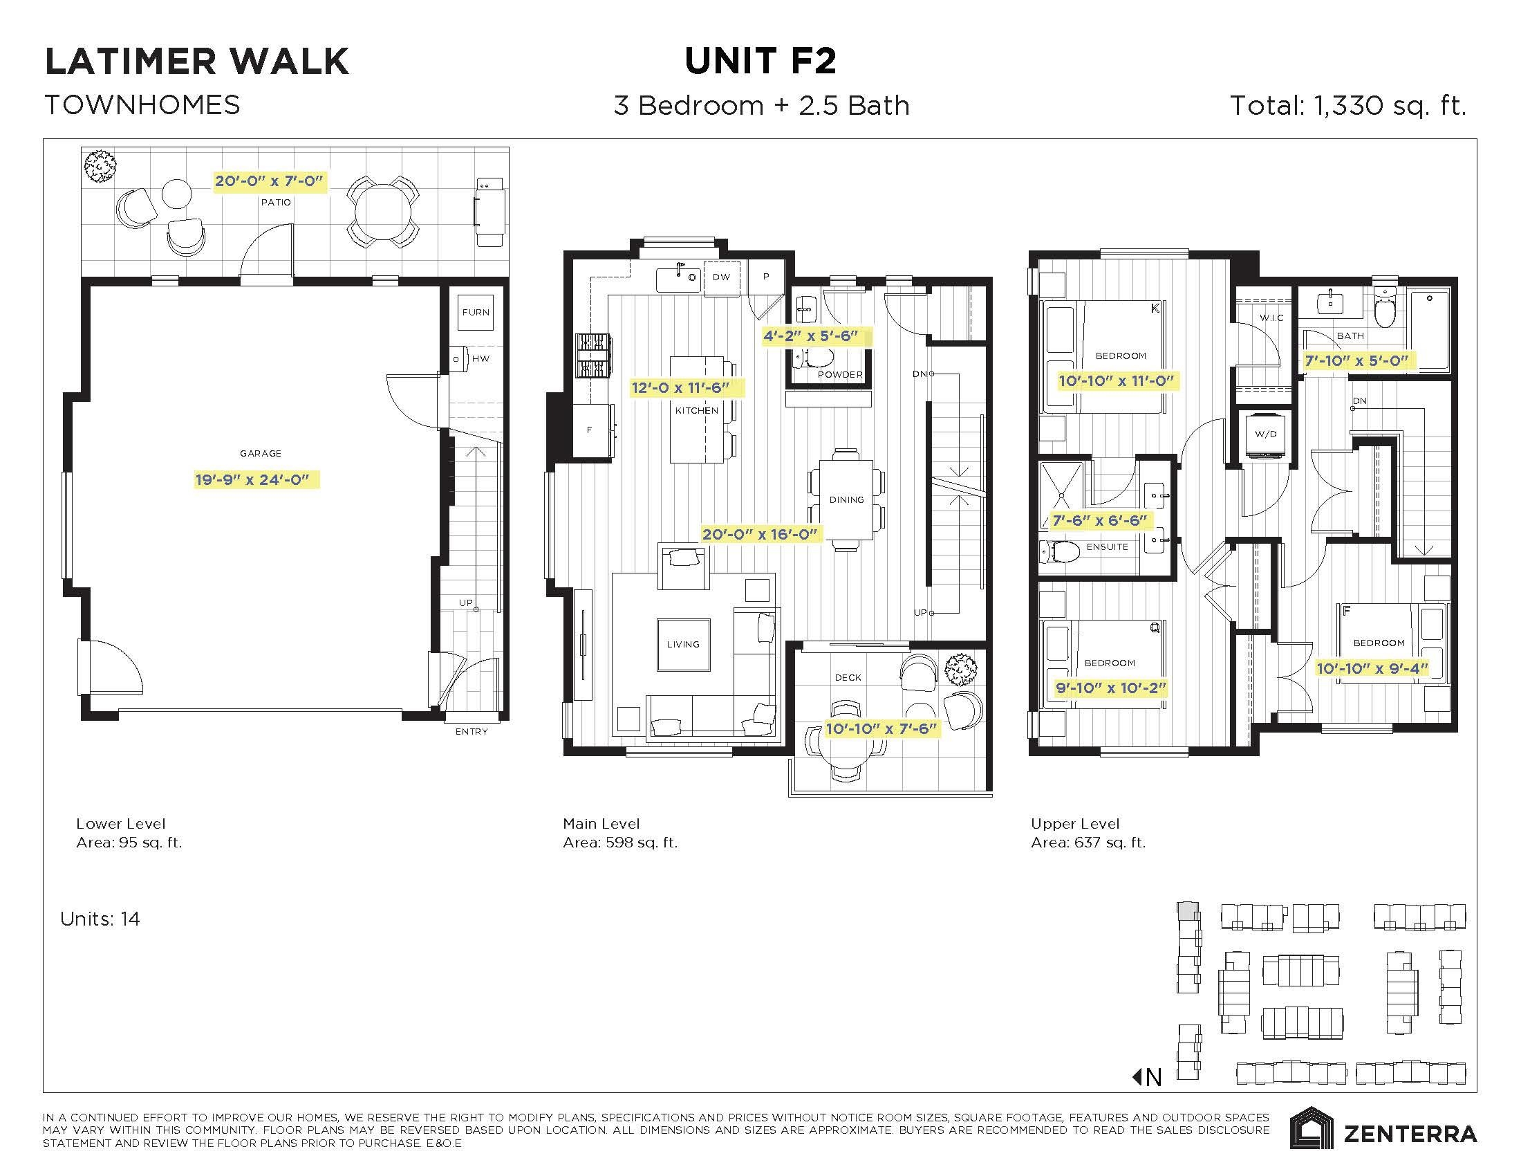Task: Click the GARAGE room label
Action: (x=261, y=454)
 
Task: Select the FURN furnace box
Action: (x=476, y=313)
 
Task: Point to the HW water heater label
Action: (x=480, y=359)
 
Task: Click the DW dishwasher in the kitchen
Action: (x=722, y=277)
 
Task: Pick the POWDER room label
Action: (x=840, y=375)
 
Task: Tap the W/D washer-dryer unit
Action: (x=1265, y=434)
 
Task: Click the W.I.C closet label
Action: (x=1271, y=318)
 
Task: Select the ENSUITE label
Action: (x=1107, y=547)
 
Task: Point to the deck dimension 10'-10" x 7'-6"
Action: (x=881, y=728)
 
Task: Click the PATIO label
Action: (x=276, y=203)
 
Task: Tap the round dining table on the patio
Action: (x=383, y=209)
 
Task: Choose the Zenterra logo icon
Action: (x=1312, y=1128)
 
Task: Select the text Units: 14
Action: (x=100, y=919)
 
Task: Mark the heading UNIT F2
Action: (x=760, y=61)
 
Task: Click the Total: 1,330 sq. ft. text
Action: (x=1348, y=106)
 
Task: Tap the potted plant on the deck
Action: (x=962, y=670)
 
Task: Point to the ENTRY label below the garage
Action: (x=472, y=731)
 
